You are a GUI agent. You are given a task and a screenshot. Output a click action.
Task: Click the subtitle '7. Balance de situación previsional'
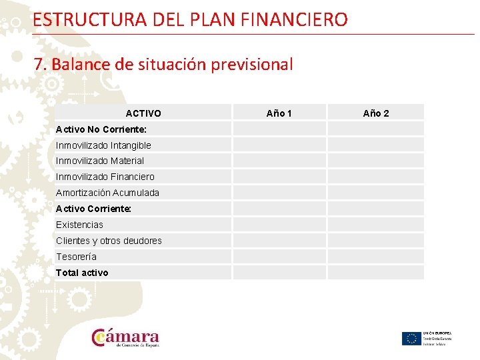click(163, 65)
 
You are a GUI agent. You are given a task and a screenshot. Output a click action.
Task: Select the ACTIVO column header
click(143, 113)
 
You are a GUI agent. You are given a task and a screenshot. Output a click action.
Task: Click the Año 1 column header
click(279, 113)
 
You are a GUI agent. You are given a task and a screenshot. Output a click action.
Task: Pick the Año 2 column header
click(376, 113)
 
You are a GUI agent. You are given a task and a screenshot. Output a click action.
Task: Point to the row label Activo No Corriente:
click(101, 129)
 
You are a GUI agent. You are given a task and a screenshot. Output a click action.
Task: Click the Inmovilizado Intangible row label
click(103, 145)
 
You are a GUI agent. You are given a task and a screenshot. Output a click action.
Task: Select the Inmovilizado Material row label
click(100, 161)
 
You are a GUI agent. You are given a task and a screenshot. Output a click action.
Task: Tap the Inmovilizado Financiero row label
click(105, 177)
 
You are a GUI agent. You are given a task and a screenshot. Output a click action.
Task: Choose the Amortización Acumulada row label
click(107, 193)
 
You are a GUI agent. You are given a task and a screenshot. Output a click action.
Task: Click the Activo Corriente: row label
click(93, 209)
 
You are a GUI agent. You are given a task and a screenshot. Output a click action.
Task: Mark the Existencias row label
click(79, 225)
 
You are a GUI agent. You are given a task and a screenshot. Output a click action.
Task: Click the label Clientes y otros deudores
click(109, 241)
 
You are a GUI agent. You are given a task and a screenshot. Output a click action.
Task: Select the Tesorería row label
click(76, 257)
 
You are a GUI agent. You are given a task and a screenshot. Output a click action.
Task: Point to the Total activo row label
click(82, 273)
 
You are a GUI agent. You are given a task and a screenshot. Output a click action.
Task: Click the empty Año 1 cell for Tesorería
click(279, 257)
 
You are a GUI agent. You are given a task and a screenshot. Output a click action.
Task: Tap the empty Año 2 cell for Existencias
click(376, 225)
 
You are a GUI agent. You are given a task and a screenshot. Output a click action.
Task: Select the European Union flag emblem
click(411, 339)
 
